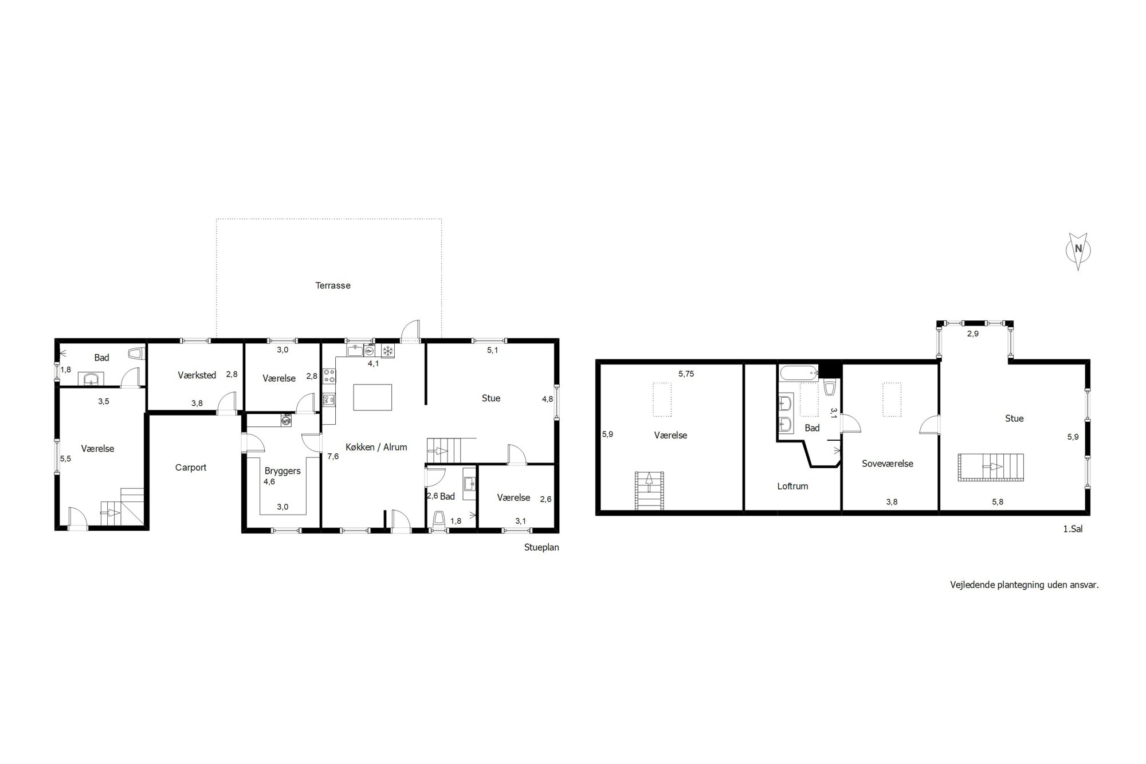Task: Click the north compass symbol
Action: click(x=1078, y=250)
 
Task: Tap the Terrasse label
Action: click(x=333, y=285)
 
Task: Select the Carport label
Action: click(x=191, y=468)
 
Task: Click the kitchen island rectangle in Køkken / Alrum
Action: click(x=373, y=397)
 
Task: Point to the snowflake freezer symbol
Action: click(x=388, y=351)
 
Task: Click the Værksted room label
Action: click(x=197, y=375)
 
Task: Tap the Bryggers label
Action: click(x=282, y=471)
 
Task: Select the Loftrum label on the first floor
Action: click(x=792, y=486)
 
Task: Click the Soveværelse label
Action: click(x=888, y=464)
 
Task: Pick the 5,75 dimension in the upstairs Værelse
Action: click(x=686, y=374)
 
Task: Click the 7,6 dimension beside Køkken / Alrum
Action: click(x=333, y=457)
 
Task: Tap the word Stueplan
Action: click(x=541, y=547)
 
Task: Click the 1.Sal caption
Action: click(x=1073, y=530)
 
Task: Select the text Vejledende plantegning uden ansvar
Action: click(x=1025, y=585)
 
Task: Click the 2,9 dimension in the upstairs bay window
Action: click(x=973, y=334)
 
